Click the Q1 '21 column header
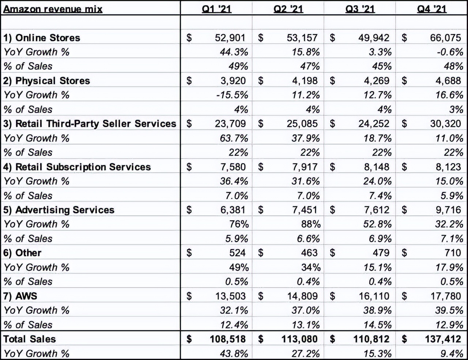pyautogui.click(x=217, y=8)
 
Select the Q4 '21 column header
pyautogui.click(x=432, y=8)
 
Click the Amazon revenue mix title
pyautogui.click(x=53, y=8)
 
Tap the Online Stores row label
pyautogui.click(x=42, y=38)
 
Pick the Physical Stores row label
pyautogui.click(x=46, y=81)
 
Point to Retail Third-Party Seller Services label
pyautogui.click(x=90, y=124)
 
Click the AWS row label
pyautogui.click(x=20, y=296)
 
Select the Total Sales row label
pyautogui.click(x=30, y=339)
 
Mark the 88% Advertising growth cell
pyautogui.click(x=311, y=224)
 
